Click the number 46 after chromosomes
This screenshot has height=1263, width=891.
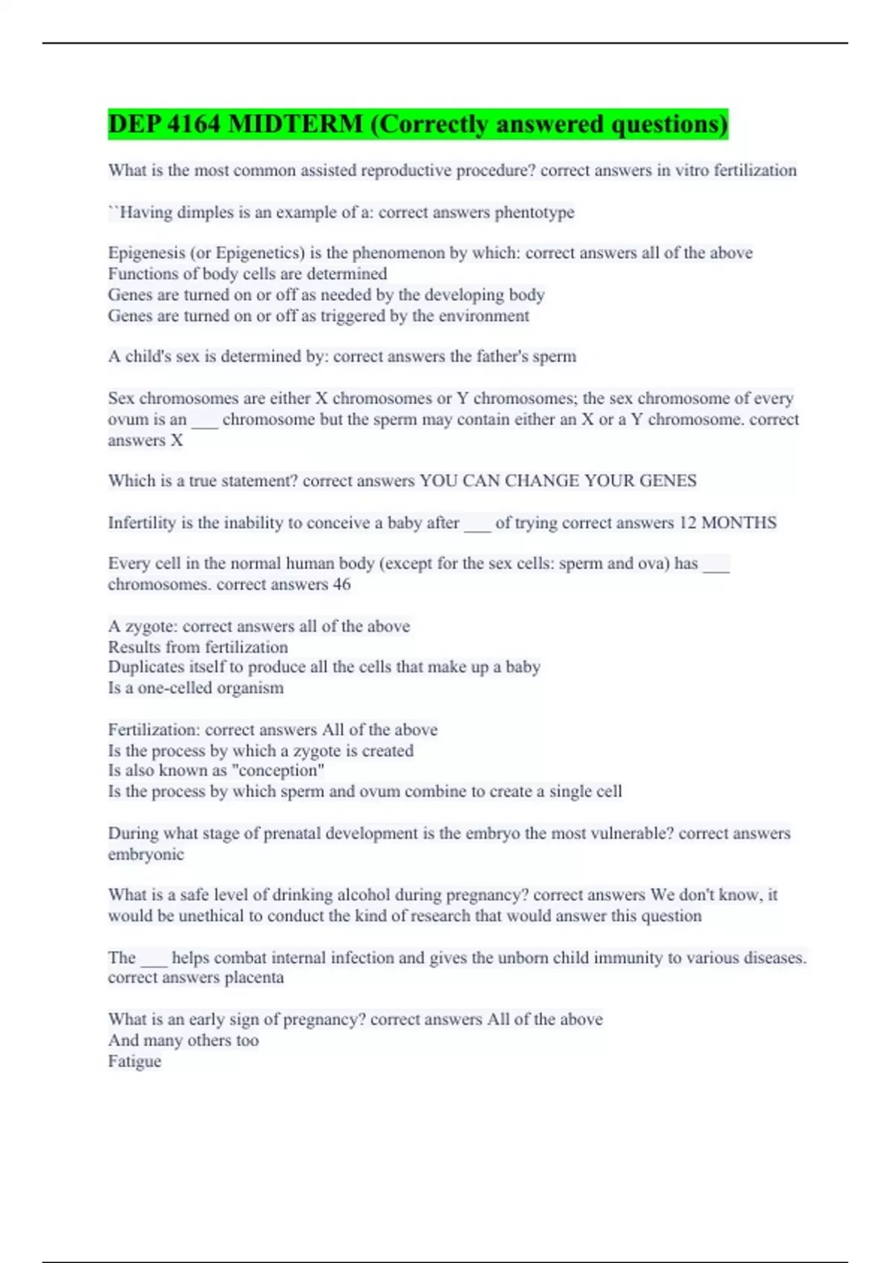(342, 585)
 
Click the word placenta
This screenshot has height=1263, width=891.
(254, 978)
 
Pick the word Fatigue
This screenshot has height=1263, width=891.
(134, 1062)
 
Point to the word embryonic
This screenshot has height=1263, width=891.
(146, 854)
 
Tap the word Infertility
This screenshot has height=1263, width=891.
(142, 523)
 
